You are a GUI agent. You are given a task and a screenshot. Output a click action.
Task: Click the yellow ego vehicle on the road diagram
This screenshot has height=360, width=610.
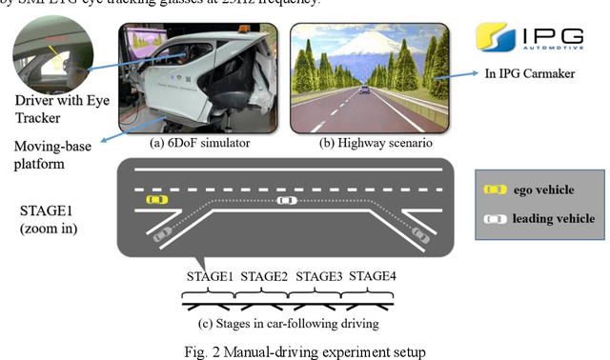155,200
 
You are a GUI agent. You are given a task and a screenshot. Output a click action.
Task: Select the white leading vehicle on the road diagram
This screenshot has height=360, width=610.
285,200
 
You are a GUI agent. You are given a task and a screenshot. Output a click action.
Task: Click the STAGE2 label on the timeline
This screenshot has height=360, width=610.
265,277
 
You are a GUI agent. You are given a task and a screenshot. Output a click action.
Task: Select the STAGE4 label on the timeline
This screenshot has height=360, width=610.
374,277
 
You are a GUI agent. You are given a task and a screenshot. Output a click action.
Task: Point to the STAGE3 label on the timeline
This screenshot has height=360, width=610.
319,277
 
